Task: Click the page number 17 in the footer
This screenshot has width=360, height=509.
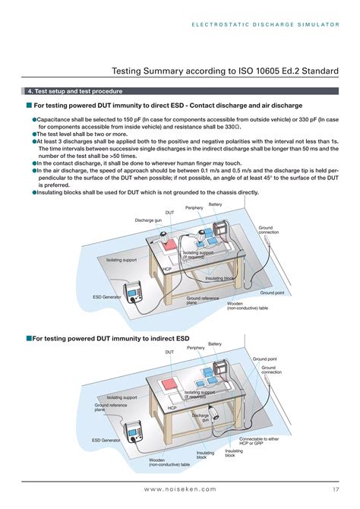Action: [336, 489]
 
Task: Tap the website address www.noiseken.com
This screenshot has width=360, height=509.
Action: [180, 489]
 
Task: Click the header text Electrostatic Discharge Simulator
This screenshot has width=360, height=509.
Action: [265, 24]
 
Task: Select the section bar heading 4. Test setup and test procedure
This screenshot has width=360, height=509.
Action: [75, 91]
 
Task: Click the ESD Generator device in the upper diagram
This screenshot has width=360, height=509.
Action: [133, 292]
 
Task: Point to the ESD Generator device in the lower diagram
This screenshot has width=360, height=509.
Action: [134, 432]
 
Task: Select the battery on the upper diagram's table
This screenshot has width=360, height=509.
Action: [221, 230]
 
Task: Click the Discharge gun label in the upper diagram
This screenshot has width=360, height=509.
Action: [148, 220]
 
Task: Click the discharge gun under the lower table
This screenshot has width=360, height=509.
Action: [214, 414]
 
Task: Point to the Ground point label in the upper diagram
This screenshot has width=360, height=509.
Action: [272, 292]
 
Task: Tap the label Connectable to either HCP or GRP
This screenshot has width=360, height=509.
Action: [259, 441]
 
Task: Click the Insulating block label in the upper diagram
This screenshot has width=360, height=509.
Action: [219, 278]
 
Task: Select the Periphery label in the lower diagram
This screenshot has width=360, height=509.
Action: [196, 348]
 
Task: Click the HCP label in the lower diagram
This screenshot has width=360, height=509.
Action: [172, 408]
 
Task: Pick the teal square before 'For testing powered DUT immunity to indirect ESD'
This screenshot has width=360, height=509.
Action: [29, 339]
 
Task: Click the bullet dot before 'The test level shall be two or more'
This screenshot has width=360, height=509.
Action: [34, 134]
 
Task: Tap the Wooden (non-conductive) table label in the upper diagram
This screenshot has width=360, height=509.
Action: [248, 306]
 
